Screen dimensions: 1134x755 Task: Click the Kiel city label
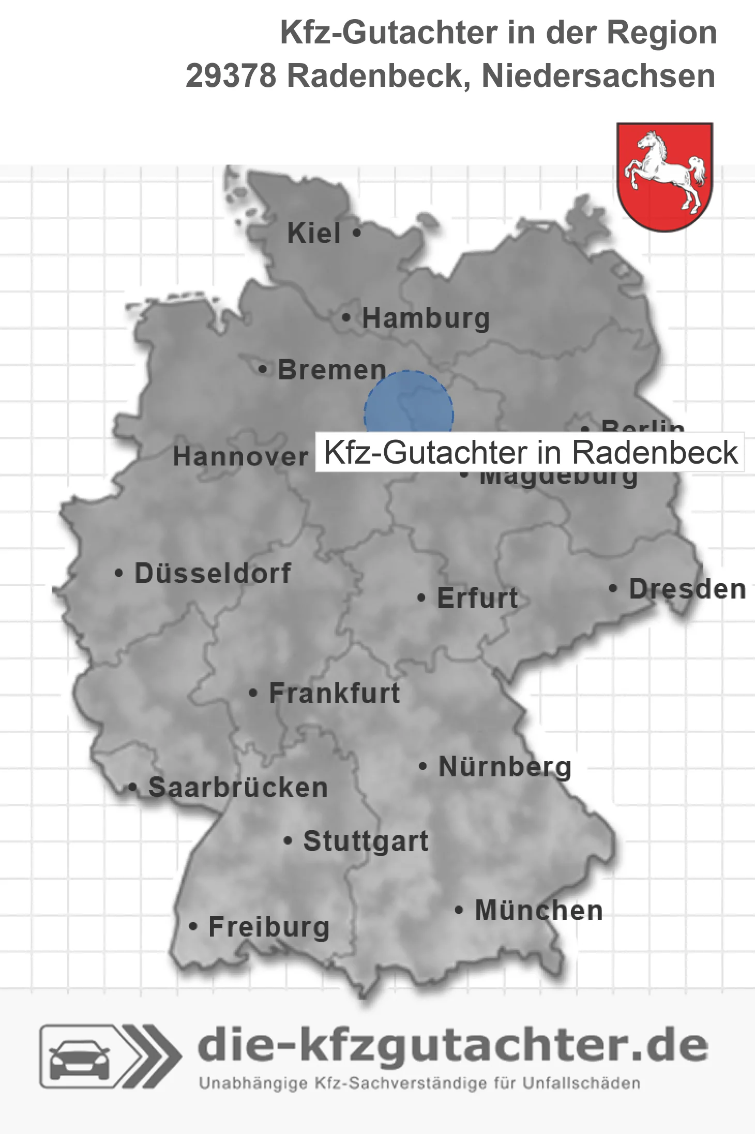click(314, 234)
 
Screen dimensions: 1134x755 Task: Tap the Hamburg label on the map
click(426, 318)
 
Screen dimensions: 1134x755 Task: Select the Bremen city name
click(332, 370)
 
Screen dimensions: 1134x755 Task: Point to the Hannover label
click(240, 457)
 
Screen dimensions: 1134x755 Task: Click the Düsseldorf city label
click(213, 574)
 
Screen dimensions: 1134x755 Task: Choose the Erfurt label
click(477, 599)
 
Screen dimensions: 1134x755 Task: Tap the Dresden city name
click(687, 589)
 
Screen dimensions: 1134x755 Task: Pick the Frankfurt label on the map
click(335, 694)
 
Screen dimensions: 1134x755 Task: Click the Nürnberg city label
click(505, 767)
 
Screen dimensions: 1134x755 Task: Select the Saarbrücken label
click(238, 788)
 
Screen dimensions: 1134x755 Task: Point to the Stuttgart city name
click(366, 841)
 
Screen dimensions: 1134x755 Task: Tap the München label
click(539, 911)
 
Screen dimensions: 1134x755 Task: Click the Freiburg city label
click(269, 928)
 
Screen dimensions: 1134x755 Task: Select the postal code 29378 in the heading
click(231, 76)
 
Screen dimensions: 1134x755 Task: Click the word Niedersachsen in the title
click(598, 76)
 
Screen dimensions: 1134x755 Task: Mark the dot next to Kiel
click(356, 233)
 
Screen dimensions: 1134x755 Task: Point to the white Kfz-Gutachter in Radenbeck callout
click(530, 452)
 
